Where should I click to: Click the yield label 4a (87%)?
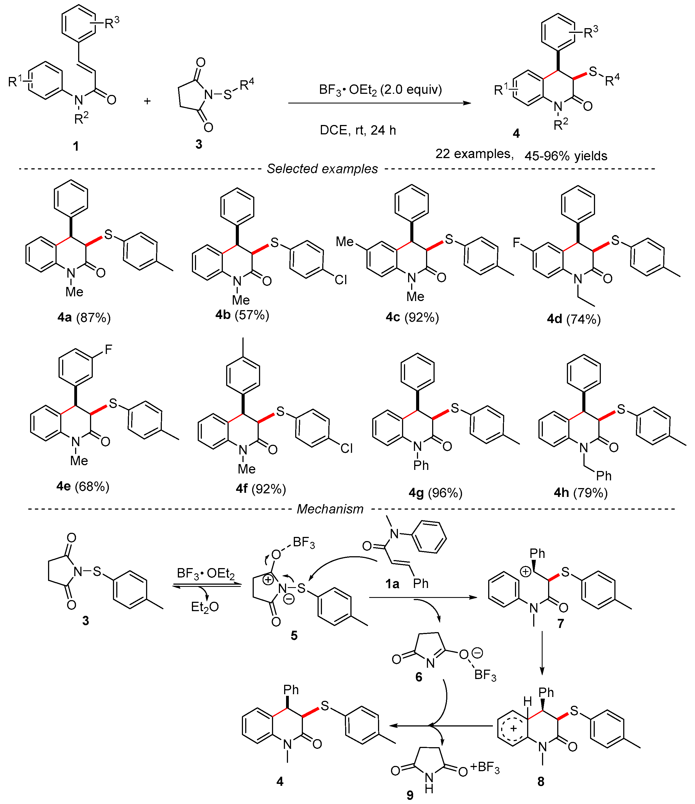[84, 318]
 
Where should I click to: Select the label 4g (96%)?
[435, 493]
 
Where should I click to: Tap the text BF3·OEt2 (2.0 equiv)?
[380, 90]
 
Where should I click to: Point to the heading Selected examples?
[322, 169]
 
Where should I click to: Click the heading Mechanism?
[330, 509]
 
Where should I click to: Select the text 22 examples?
[474, 154]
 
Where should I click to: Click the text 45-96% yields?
[566, 156]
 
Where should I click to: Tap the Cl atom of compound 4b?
[340, 280]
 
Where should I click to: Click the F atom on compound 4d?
[516, 243]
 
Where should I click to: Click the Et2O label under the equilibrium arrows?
[205, 606]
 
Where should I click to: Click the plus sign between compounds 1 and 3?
[147, 101]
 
